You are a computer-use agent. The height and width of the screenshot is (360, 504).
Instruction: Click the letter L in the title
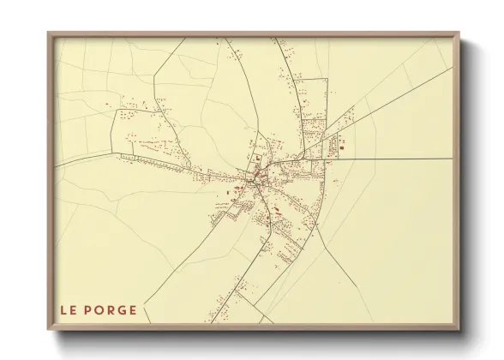click(x=63, y=310)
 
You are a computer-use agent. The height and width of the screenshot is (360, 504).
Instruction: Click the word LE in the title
click(x=69, y=310)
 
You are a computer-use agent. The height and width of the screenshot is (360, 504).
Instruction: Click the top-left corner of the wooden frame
click(x=48, y=33)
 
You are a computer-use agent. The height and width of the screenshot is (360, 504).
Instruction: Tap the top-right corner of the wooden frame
click(x=459, y=33)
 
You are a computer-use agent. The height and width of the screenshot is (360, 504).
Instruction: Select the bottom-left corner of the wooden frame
click(x=48, y=330)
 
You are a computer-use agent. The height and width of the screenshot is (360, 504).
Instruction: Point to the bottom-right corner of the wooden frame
click(x=459, y=330)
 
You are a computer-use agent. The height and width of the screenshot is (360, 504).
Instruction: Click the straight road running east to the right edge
click(x=403, y=159)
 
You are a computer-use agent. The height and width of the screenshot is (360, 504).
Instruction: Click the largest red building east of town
click(x=342, y=149)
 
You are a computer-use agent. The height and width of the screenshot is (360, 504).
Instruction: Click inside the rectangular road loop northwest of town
click(x=146, y=129)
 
